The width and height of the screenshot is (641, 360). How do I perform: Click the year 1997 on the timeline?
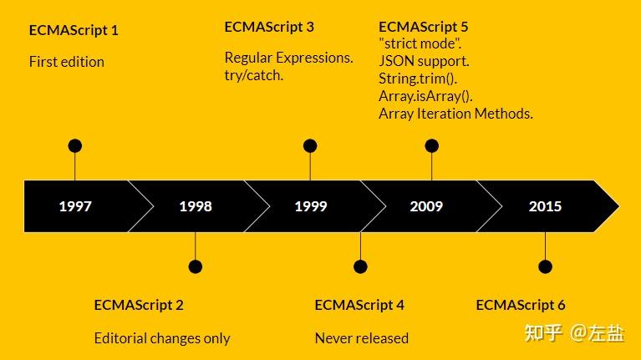point(75,206)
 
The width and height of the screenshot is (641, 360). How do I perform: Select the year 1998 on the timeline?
point(195,206)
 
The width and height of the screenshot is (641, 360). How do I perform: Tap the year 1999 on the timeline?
point(310,206)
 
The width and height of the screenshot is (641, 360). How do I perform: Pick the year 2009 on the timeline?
point(426,206)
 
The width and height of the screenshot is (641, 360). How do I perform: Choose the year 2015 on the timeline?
point(545,206)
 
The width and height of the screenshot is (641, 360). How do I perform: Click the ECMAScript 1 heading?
point(74,30)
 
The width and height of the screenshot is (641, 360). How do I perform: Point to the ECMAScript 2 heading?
point(139,305)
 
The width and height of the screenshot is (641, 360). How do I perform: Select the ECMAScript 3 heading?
point(269,27)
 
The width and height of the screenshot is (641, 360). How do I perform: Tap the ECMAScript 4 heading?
point(359,305)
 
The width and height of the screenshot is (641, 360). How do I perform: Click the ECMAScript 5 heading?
point(424,27)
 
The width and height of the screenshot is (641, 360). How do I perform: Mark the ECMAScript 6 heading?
point(521,305)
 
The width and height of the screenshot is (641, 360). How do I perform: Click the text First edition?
point(67,62)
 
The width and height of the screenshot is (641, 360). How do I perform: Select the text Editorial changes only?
point(162,338)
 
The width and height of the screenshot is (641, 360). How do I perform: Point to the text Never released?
point(362,338)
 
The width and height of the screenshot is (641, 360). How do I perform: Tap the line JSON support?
point(424,61)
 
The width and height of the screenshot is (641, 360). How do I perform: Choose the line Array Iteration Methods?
point(455,114)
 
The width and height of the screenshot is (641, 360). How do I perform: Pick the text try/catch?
point(254,75)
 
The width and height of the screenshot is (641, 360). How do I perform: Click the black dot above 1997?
point(75,146)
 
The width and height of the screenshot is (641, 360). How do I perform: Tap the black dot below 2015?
point(545,267)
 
